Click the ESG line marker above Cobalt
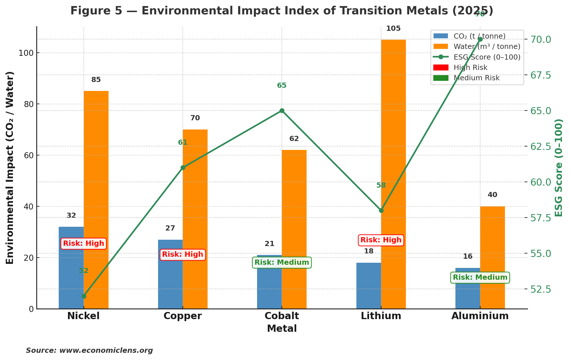click(282, 111)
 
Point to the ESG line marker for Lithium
click(381, 210)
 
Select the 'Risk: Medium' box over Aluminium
click(480, 278)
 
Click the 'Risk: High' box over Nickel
click(83, 243)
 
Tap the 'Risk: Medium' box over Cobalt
click(282, 262)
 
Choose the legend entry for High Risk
click(470, 68)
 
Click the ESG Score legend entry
click(487, 57)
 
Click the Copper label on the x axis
click(183, 316)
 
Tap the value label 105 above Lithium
click(393, 29)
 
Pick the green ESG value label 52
click(84, 271)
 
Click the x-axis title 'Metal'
click(282, 329)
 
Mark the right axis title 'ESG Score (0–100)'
click(559, 167)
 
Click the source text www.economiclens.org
click(106, 351)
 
